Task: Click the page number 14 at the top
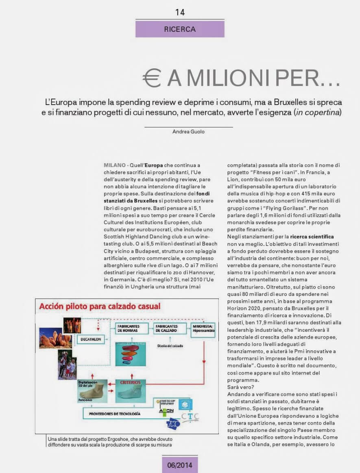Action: [180, 12]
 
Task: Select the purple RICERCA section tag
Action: [180, 29]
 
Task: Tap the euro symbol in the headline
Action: [152, 78]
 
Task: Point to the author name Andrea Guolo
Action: [188, 131]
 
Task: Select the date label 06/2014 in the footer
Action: [179, 464]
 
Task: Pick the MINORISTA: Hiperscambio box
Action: [203, 328]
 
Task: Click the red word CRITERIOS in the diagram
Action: [130, 382]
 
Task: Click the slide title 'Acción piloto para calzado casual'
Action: [100, 306]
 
